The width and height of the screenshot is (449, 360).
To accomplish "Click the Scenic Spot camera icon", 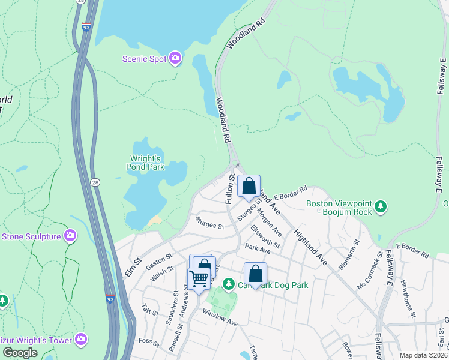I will tap(175, 58).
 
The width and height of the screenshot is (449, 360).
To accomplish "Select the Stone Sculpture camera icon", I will tap(70, 236).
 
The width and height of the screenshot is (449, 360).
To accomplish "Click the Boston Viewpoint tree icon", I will tap(380, 208).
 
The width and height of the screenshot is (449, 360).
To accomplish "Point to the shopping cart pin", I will tap(199, 278).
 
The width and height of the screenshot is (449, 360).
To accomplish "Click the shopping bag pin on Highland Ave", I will tap(249, 187).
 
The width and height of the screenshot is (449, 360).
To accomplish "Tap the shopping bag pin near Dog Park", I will tap(255, 274).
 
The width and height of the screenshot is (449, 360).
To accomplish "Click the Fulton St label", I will tap(229, 190).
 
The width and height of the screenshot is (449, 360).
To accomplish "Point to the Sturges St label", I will tap(209, 227).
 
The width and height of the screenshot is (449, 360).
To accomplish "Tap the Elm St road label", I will tap(133, 262).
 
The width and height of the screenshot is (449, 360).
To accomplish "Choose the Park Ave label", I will tap(258, 248).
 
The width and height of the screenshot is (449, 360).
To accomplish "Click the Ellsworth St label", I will tap(265, 236).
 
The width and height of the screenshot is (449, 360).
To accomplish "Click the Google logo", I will tap(20, 353).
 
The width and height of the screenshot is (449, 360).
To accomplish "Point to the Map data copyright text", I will tap(423, 355).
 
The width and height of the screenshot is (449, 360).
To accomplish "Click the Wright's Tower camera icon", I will tap(82, 340).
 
